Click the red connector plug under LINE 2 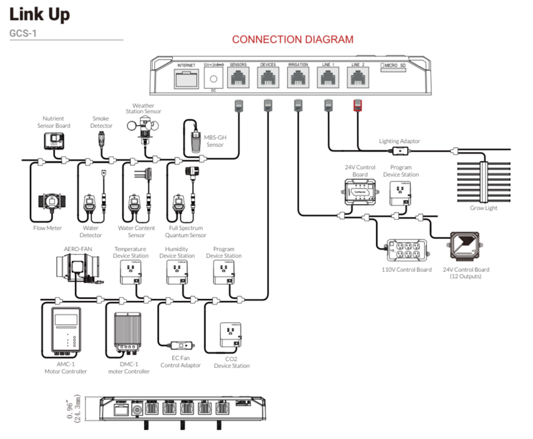pos(358,105)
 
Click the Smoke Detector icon pos(101,140)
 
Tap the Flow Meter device pos(50,205)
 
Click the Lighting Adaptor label pos(399,141)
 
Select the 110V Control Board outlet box pos(407,251)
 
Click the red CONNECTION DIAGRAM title pos(293,40)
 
